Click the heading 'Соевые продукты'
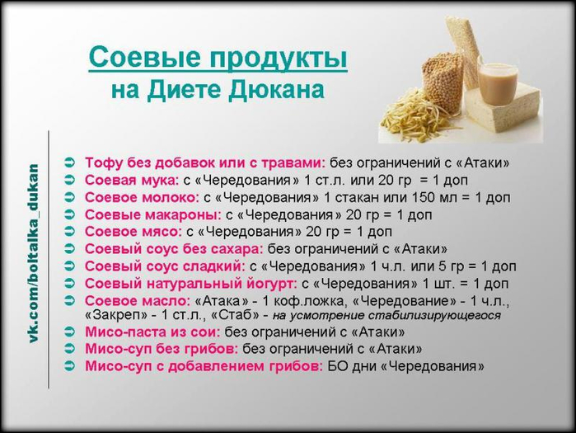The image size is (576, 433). click(x=218, y=58)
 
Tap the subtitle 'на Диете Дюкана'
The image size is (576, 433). click(x=218, y=90)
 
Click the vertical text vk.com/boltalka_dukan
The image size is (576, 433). click(x=34, y=254)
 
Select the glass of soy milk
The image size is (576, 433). click(x=495, y=84)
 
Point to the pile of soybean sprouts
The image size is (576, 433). click(x=414, y=117)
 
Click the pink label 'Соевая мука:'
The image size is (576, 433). click(x=132, y=180)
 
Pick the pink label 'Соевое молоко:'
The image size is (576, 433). click(x=143, y=197)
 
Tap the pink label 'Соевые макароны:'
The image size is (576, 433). click(x=153, y=214)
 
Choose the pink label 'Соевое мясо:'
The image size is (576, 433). click(x=133, y=232)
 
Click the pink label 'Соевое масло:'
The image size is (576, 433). click(x=138, y=301)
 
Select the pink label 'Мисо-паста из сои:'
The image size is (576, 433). click(x=152, y=332)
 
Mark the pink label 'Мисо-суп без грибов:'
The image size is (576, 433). click(x=162, y=348)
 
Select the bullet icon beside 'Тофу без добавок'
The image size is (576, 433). click(x=69, y=162)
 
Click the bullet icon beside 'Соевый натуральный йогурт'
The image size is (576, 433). click(x=69, y=284)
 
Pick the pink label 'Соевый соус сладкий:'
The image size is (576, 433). click(x=165, y=266)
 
